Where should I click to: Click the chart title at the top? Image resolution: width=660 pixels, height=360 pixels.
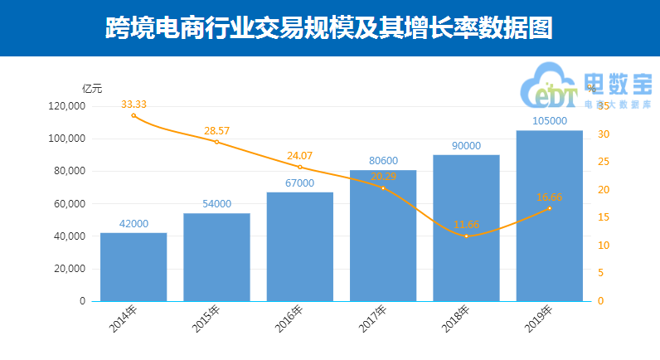coord(329,30)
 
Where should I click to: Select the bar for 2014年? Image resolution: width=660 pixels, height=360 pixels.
coord(133,267)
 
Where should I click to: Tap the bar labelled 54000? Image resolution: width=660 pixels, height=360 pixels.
coord(216,257)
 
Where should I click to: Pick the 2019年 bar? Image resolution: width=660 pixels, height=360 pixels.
coord(549,216)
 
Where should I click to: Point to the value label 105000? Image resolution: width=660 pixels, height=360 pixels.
coord(549,121)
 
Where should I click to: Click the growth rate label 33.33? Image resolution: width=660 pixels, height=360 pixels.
coord(133,105)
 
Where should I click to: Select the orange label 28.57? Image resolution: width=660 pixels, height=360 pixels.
coord(216,131)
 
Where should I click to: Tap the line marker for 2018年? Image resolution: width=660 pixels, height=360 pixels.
coord(466,236)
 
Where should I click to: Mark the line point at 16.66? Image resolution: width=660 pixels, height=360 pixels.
coord(549,208)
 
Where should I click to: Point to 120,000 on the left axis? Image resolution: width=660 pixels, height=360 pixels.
coord(66,106)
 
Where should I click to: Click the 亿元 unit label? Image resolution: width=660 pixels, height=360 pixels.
coord(92,88)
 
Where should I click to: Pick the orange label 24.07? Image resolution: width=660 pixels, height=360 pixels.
coord(299,155)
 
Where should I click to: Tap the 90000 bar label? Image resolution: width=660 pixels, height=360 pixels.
coord(466,145)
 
